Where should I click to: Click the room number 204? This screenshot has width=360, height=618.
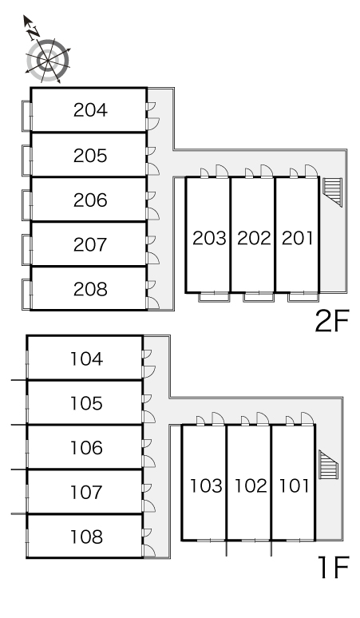point(90,110)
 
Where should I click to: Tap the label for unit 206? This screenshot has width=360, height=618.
point(90,200)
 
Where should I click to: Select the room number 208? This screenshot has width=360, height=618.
point(90,289)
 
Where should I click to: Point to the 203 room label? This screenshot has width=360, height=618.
point(209,238)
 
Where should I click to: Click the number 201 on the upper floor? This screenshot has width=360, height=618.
point(298,238)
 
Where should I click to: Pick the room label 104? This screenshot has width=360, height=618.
point(87,359)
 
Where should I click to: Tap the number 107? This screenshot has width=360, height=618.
point(87,493)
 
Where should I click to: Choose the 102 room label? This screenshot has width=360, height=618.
point(251,485)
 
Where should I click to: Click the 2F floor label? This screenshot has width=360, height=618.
point(332,321)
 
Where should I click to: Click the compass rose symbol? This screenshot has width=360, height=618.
point(48,61)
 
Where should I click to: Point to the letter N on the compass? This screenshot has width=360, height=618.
point(34,33)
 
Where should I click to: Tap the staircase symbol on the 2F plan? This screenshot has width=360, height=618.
point(332,192)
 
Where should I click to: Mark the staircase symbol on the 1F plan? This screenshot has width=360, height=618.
point(329,464)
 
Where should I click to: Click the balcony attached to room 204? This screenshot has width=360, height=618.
point(26,116)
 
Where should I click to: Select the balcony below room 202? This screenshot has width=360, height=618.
point(259,297)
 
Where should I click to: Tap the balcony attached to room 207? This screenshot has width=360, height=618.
point(26,249)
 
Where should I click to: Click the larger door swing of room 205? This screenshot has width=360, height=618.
point(153,168)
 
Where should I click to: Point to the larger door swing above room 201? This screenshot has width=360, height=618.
point(311,171)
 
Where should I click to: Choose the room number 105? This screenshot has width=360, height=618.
point(87,403)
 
